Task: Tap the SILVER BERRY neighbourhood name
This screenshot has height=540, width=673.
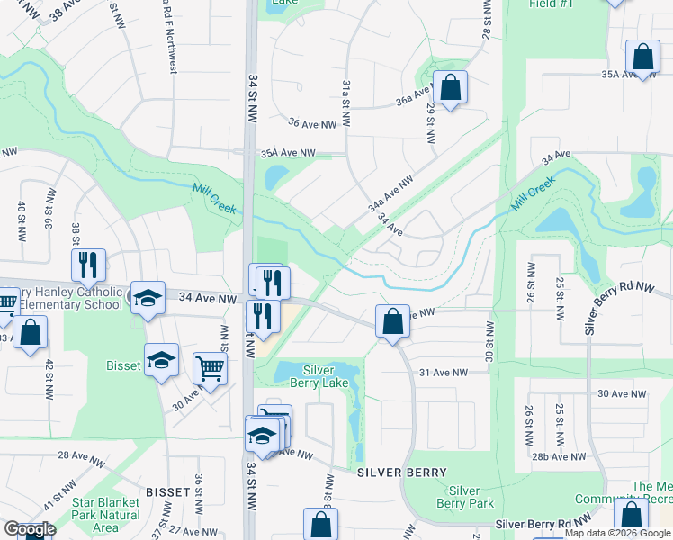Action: click(x=402, y=472)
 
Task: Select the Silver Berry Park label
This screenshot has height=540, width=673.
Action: click(x=464, y=497)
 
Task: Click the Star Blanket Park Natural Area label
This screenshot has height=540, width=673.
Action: click(x=105, y=515)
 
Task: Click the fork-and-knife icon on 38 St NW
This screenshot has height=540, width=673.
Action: click(x=88, y=265)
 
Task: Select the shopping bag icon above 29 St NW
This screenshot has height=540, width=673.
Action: click(x=451, y=87)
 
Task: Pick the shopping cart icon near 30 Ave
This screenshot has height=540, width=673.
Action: click(x=210, y=366)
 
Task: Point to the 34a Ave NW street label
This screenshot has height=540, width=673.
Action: click(x=390, y=193)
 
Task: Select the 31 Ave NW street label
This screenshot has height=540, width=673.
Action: click(x=444, y=372)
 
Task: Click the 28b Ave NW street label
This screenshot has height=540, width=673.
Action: click(x=556, y=456)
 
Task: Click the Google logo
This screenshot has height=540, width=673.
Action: click(x=30, y=529)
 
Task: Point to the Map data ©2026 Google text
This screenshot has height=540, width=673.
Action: click(x=617, y=533)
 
